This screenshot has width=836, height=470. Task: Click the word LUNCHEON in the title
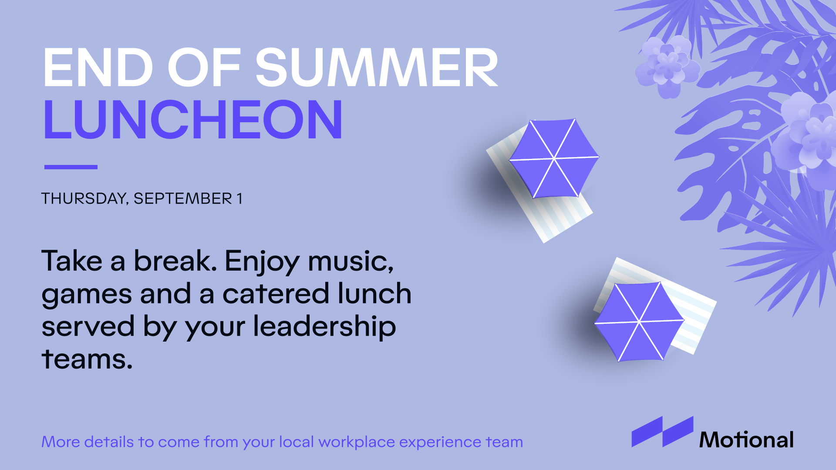193,119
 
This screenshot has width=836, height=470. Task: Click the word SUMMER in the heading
377,67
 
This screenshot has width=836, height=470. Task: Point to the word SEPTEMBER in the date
183,198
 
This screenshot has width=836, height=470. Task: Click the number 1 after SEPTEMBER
239,198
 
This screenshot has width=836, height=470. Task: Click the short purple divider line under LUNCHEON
71,167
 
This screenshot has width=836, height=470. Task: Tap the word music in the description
351,261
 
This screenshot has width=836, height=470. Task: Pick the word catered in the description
275,293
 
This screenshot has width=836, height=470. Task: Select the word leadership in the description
325,327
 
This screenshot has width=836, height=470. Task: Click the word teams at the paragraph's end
87,359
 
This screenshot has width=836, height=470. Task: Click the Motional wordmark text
746,440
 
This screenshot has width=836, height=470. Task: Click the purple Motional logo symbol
662,432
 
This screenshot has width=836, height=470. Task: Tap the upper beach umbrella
554,158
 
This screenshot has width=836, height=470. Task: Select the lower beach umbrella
639,322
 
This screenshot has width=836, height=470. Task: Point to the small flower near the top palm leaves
667,67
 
